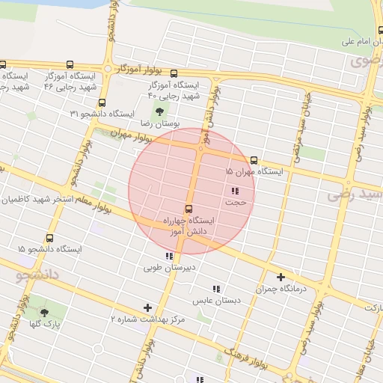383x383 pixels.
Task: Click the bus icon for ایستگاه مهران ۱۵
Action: tap(254, 160)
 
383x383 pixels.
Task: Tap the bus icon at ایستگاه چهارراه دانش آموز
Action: tap(188, 209)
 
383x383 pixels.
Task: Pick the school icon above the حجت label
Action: tap(236, 191)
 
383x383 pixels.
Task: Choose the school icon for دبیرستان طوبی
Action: tap(169, 256)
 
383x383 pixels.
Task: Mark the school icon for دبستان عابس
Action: tap(216, 289)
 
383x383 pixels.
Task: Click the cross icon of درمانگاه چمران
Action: tap(281, 277)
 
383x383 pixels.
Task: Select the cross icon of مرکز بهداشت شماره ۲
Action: tap(147, 307)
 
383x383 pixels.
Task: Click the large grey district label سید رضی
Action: tap(355, 196)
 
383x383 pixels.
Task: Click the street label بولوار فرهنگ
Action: tap(246, 358)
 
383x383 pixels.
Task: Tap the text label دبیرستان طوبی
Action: tap(170, 266)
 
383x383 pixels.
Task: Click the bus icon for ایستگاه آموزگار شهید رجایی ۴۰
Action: tap(174, 73)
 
